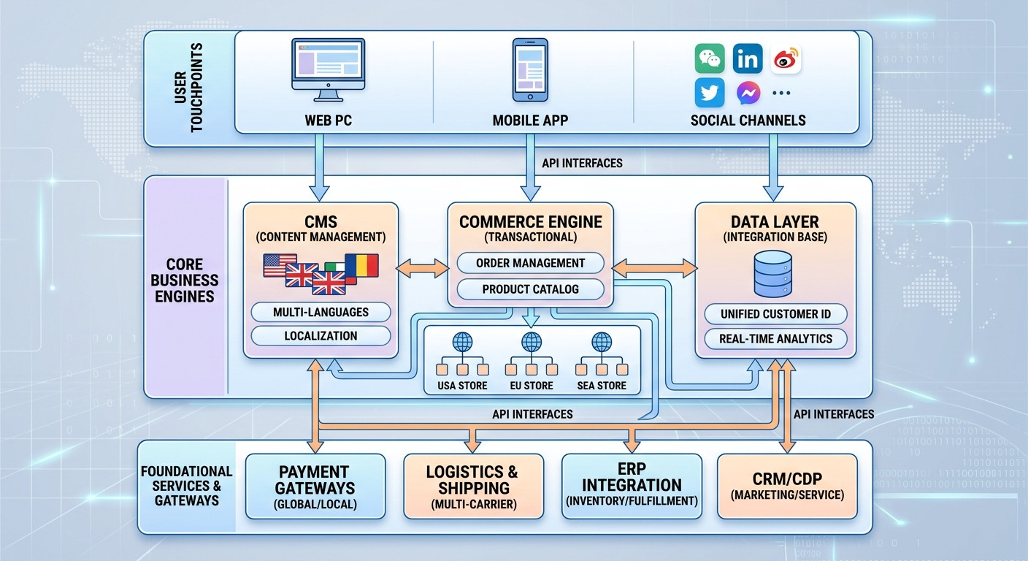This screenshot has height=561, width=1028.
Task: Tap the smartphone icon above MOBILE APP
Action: click(x=530, y=70)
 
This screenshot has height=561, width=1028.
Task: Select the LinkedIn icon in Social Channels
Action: click(x=747, y=59)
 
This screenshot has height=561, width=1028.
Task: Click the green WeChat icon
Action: click(x=709, y=59)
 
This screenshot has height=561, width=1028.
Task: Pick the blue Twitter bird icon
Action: click(x=709, y=93)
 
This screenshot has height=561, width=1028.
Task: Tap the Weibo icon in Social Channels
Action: click(x=785, y=59)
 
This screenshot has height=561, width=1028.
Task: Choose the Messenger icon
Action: click(x=747, y=93)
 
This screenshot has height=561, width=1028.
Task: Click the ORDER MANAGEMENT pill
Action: click(x=530, y=263)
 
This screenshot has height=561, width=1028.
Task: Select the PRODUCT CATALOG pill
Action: click(x=530, y=289)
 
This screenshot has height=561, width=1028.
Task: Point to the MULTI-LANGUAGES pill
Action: click(x=321, y=313)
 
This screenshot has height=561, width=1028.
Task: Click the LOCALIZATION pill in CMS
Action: click(x=321, y=336)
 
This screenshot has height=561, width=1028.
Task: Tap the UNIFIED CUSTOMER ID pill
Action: click(x=775, y=314)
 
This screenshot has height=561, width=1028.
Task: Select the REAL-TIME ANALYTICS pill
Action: click(x=775, y=339)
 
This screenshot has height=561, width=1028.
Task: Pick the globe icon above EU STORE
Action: click(x=531, y=341)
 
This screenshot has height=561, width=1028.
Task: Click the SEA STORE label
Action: click(x=602, y=385)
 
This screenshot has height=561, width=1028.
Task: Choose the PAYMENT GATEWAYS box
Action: click(x=315, y=486)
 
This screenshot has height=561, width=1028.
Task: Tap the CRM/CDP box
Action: click(x=786, y=486)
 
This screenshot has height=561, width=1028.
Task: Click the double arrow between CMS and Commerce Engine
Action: click(x=422, y=268)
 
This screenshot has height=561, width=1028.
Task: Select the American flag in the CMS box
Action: click(x=280, y=264)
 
